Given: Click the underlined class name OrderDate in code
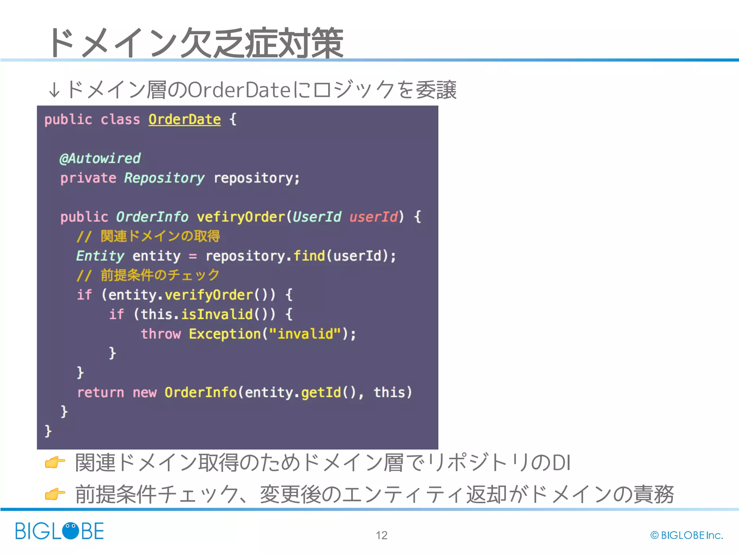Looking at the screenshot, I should pyautogui.click(x=184, y=119).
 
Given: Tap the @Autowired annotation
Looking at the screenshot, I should pyautogui.click(x=100, y=158).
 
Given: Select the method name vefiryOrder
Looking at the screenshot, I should pyautogui.click(x=241, y=217).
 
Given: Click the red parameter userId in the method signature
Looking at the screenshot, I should pyautogui.click(x=373, y=217).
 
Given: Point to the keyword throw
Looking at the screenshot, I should pyautogui.click(x=161, y=334).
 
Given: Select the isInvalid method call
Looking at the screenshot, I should pyautogui.click(x=217, y=314).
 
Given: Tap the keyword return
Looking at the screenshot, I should pyautogui.click(x=101, y=392).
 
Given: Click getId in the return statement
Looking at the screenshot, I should pyautogui.click(x=321, y=392).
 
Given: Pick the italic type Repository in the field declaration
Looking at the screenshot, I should pyautogui.click(x=164, y=178).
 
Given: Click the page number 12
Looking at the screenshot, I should pyautogui.click(x=381, y=535).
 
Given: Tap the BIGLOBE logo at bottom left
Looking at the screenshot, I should pyautogui.click(x=60, y=531).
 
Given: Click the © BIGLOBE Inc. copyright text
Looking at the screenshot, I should pyautogui.click(x=686, y=535).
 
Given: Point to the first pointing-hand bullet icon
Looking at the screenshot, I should pyautogui.click(x=55, y=462).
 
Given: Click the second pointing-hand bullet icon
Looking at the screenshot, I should pyautogui.click(x=55, y=494).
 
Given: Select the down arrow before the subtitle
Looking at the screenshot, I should pyautogui.click(x=54, y=90).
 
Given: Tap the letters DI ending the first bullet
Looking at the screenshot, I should pyautogui.click(x=561, y=463).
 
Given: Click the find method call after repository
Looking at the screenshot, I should pyautogui.click(x=309, y=256).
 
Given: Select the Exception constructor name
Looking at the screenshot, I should pyautogui.click(x=224, y=334).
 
